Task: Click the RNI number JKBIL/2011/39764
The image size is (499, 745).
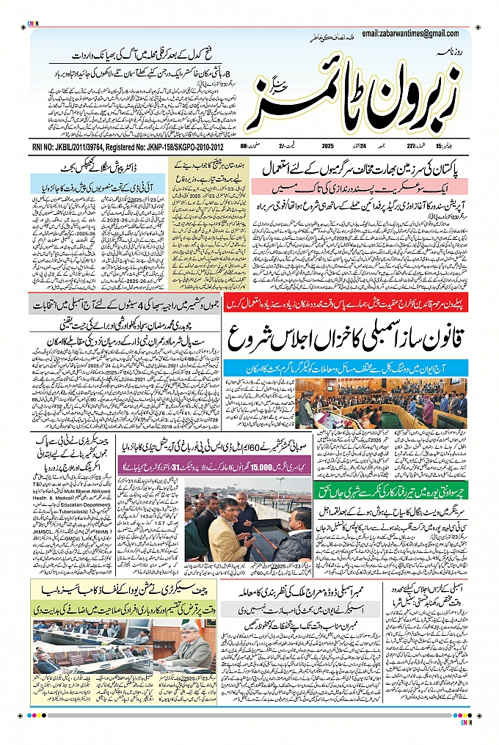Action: (x=64, y=147)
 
